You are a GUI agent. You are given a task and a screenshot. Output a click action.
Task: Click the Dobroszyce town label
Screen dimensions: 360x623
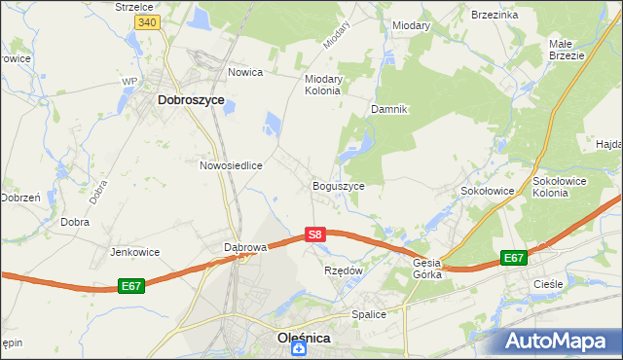tap(191, 99)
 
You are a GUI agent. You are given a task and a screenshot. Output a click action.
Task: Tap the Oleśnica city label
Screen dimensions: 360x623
tap(298, 338)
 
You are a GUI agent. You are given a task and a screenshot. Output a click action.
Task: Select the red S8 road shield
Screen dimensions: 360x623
tap(313, 234)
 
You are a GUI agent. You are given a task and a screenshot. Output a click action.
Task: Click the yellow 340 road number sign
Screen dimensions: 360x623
tap(147, 21)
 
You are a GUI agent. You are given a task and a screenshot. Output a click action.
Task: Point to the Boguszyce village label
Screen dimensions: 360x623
tap(338, 186)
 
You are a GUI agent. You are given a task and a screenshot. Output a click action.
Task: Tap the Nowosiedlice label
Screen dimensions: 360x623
tap(232, 165)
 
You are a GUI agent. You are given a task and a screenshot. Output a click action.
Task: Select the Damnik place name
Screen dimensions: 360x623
tap(388, 109)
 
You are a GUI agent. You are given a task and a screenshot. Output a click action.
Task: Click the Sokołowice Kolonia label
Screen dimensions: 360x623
tap(564, 187)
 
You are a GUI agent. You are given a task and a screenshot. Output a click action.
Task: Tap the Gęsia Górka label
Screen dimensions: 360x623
tap(427, 269)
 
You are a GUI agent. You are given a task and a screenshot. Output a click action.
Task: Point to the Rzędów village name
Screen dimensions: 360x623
tap(343, 270)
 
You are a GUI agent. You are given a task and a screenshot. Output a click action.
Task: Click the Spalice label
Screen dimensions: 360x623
tap(369, 314)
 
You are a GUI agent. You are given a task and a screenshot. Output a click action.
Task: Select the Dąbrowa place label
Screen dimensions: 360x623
tap(245, 247)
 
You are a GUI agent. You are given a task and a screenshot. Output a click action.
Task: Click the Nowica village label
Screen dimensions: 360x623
tap(247, 73)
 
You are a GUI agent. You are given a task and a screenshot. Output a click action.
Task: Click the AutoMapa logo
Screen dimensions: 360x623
tap(560, 341)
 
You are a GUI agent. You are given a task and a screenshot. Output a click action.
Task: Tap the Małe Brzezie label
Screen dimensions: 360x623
tap(566, 50)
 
